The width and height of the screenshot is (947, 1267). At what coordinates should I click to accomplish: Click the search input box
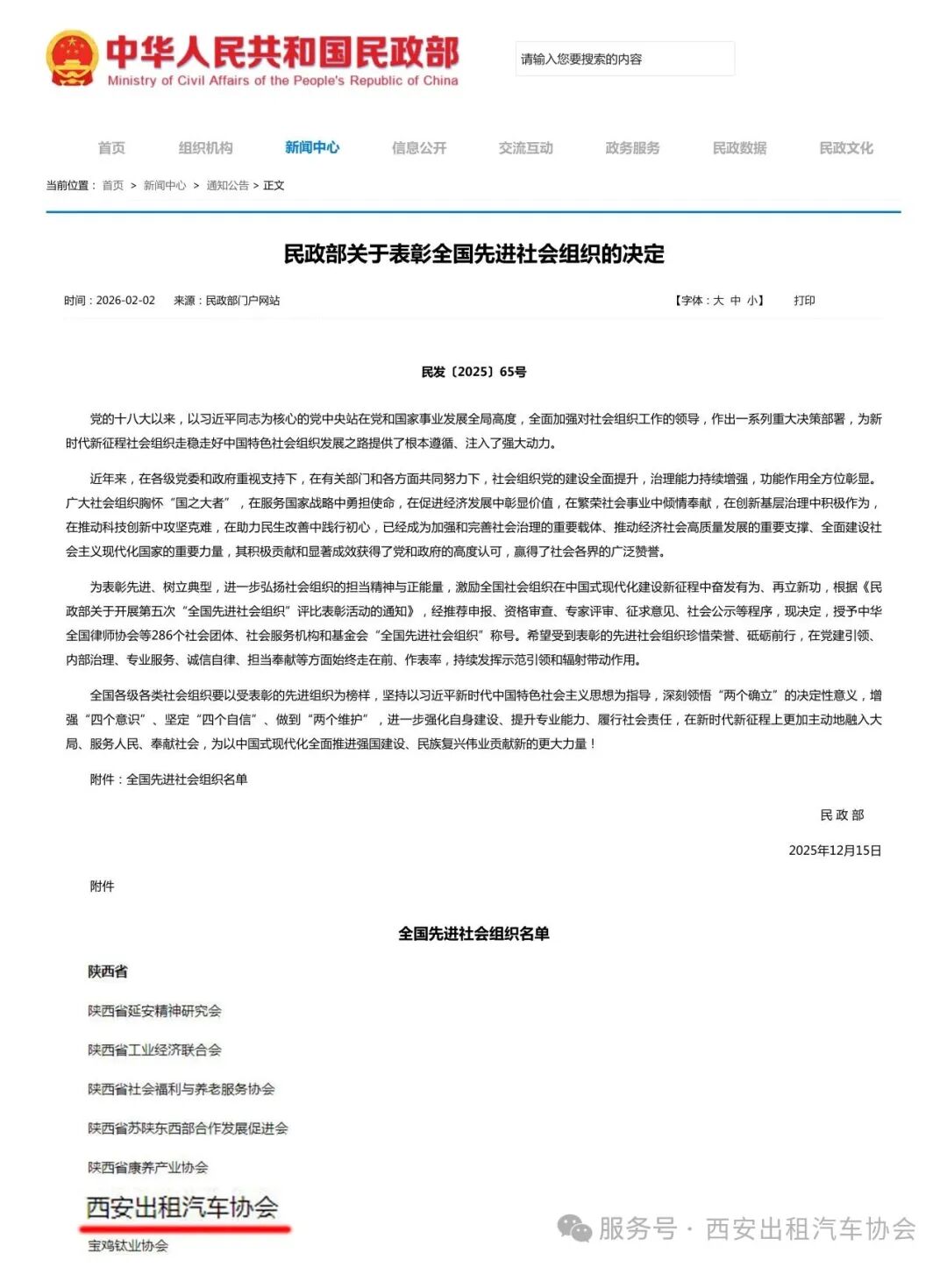624,59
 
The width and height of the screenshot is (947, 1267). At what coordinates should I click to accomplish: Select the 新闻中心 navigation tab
312,147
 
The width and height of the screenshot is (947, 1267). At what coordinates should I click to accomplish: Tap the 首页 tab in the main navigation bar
111,147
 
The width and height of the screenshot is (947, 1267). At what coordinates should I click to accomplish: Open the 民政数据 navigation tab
739,147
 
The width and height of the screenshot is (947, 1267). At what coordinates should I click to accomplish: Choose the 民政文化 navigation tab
846,147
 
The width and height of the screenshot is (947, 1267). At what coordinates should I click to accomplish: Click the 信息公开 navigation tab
419,147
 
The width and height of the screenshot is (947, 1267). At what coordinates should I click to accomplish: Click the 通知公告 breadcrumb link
227,185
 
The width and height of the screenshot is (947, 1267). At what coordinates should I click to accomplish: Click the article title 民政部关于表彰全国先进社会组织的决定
473,254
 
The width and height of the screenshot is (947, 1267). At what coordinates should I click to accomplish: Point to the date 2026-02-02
125,300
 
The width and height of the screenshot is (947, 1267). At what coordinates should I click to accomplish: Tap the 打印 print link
804,300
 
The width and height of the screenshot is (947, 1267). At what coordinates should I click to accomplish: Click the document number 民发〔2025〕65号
473,372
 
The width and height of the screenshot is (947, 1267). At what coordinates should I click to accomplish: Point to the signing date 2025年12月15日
835,850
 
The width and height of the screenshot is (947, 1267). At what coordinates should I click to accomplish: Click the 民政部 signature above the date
842,815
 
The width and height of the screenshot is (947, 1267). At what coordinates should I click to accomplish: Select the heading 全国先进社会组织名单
473,934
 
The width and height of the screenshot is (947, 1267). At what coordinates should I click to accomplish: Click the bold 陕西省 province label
108,972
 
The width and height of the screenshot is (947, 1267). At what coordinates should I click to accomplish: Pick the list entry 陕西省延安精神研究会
154,1011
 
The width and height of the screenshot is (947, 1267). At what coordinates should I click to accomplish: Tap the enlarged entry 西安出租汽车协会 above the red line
182,1207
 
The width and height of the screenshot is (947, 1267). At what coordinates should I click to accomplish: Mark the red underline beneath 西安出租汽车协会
184,1229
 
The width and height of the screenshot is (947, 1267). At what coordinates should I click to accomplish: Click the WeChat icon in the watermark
575,1228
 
